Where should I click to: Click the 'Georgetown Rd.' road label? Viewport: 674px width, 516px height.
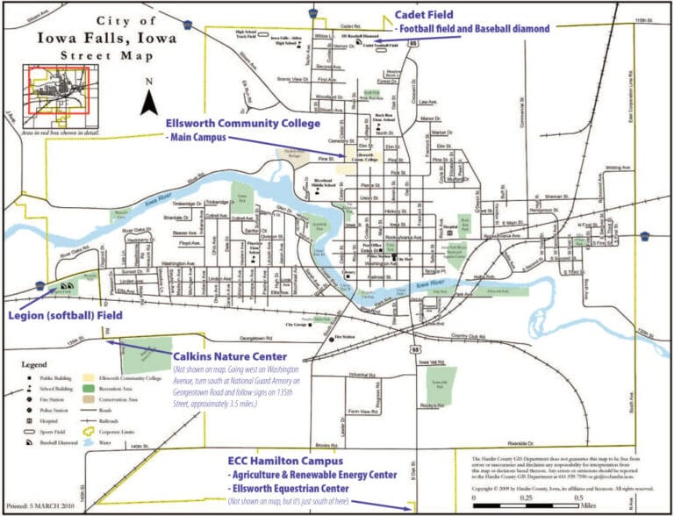coord(252,337)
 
